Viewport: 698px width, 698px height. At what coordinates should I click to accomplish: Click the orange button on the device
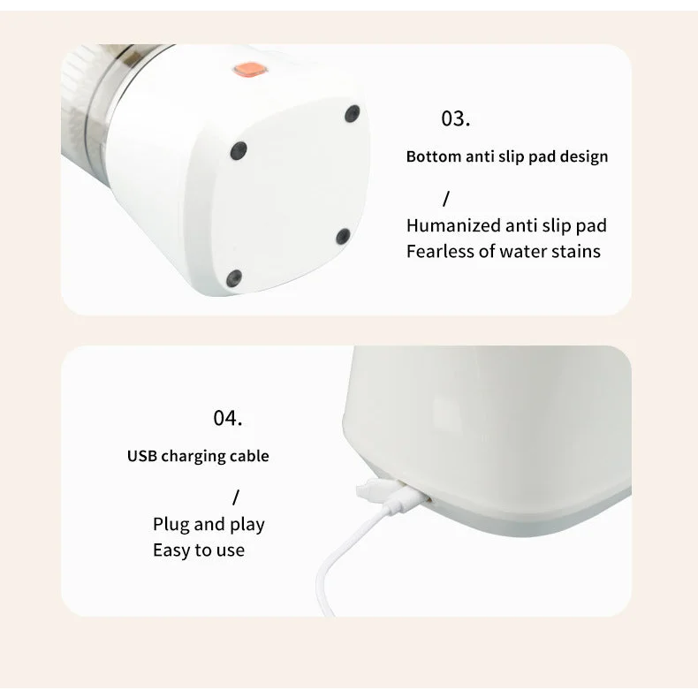click(250, 70)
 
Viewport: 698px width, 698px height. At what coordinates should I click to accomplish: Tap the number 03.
click(455, 119)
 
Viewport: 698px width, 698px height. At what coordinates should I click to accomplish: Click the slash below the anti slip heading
click(446, 199)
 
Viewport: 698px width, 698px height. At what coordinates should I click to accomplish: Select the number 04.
click(227, 419)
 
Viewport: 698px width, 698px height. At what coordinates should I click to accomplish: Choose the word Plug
click(171, 525)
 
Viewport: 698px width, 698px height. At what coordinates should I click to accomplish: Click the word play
click(247, 525)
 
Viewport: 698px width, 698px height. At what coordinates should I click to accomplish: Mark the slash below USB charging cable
click(236, 497)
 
